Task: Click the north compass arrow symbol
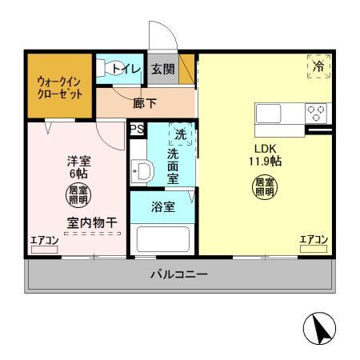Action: tap(318, 327)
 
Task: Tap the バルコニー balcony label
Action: tap(180, 275)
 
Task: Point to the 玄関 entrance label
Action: tap(162, 70)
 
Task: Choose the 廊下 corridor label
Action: tap(145, 102)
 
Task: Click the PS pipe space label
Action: tap(135, 128)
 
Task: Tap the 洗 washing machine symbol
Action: tap(181, 134)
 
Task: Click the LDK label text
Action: tap(266, 149)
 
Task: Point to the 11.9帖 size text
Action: tap(264, 161)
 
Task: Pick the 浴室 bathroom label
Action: tap(163, 206)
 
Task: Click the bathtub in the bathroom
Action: tap(163, 238)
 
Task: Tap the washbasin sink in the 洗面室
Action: tap(142, 170)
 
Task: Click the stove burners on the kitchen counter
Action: tap(316, 113)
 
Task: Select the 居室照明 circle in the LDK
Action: tap(265, 189)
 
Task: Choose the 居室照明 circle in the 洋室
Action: tap(78, 194)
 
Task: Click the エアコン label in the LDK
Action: tap(314, 239)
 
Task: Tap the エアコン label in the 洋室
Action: tap(44, 239)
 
